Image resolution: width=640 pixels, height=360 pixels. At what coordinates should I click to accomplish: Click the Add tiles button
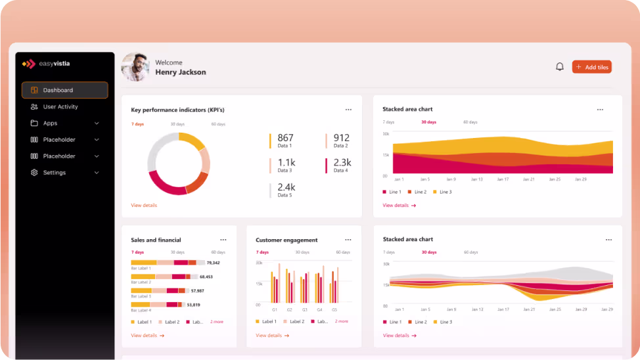point(592,67)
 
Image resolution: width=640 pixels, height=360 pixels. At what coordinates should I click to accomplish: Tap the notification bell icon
point(560,67)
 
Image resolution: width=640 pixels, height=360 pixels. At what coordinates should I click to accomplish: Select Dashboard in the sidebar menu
point(64,90)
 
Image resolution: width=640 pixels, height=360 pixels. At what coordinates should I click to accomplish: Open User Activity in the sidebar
point(60,106)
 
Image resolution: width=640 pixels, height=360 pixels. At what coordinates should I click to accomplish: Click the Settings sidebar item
point(54,173)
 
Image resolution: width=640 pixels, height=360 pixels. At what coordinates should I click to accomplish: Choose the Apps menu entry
point(50,124)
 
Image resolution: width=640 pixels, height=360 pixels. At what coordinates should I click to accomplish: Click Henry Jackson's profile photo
point(135,67)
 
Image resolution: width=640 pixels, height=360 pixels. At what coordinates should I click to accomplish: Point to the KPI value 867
point(285,138)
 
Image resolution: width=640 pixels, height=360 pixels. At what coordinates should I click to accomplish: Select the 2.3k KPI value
point(342,162)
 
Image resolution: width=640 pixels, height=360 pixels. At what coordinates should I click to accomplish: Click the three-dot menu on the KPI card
point(348,110)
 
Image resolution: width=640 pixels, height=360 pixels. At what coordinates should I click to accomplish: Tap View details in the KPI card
point(144,206)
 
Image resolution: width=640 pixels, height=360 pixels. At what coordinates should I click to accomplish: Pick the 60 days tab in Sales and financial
point(218,252)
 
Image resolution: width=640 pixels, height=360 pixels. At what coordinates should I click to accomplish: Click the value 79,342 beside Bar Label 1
point(212,263)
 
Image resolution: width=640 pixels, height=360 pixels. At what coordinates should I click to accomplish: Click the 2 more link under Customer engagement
point(342,321)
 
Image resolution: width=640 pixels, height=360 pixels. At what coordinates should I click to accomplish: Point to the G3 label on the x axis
point(305,309)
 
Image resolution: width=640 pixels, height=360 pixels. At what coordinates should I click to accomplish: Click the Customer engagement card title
point(286,240)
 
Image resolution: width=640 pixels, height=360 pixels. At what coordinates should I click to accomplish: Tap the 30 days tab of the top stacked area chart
point(428,122)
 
